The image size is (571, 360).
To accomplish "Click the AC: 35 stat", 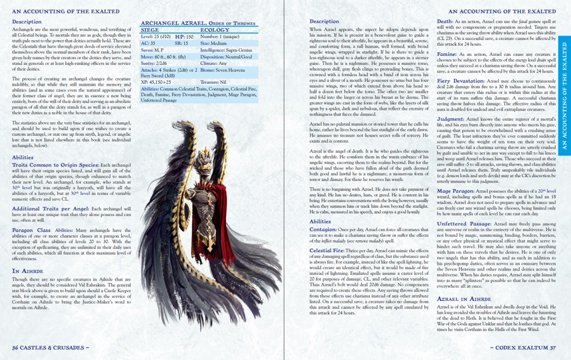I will [x=147, y=43].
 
